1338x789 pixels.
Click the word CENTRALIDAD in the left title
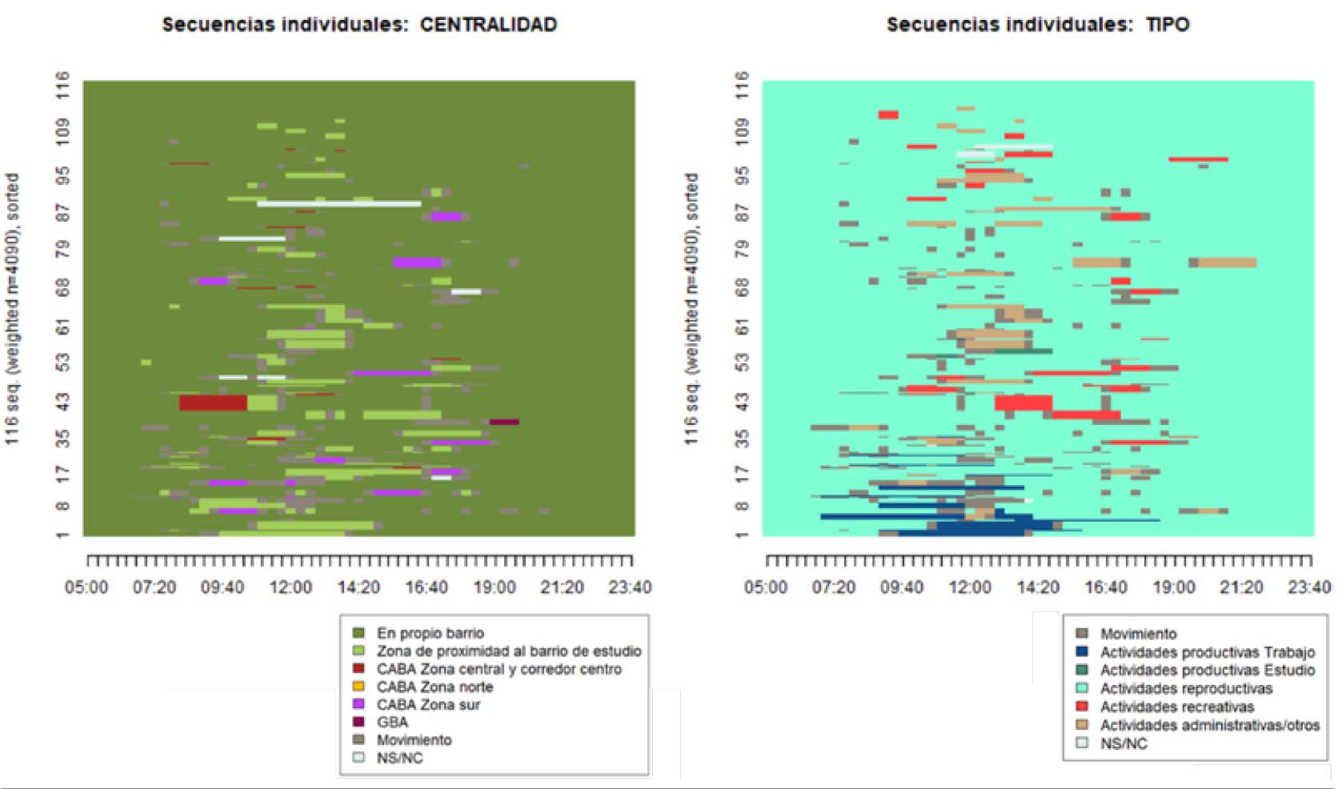(x=488, y=25)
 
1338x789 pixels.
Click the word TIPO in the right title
(x=1168, y=25)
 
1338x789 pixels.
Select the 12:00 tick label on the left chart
(x=290, y=587)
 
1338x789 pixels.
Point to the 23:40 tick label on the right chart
(x=1309, y=587)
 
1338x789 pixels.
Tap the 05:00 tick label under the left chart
(x=86, y=587)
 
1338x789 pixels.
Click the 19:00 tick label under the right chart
(x=1174, y=587)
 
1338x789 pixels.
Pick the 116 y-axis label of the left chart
(x=62, y=85)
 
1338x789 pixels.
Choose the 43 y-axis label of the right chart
(x=742, y=402)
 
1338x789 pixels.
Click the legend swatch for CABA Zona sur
(x=359, y=704)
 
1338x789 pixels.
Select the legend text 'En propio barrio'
(x=430, y=633)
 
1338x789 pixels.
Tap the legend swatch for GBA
(x=359, y=722)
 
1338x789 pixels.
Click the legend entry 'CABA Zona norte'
(x=435, y=687)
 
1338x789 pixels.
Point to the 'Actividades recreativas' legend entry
(x=1176, y=707)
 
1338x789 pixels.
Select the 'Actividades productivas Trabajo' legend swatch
(x=1082, y=651)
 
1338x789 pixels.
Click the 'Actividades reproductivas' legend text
(x=1186, y=688)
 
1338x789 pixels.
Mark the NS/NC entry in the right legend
(x=1124, y=743)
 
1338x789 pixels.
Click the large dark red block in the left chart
(x=213, y=403)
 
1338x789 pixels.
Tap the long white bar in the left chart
(x=339, y=204)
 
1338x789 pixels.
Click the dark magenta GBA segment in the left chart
(x=504, y=422)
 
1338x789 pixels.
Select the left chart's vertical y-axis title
(x=13, y=308)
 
